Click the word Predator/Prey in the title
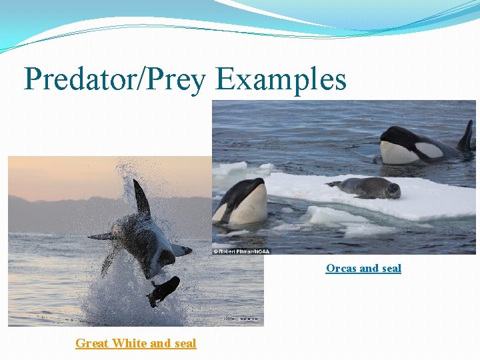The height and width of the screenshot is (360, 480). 115,80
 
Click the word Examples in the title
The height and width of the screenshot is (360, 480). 281,80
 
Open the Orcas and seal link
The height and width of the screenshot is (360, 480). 363,268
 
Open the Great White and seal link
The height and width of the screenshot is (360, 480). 135,343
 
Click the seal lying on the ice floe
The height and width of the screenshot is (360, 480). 367,188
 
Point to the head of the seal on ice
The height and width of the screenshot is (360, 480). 393,191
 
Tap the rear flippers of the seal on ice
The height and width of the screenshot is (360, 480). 333,183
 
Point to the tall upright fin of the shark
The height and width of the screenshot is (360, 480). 141,198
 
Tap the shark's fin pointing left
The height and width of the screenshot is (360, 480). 102,236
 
